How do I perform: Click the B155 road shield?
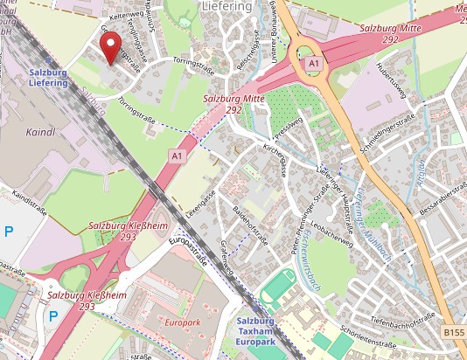(453, 333)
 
